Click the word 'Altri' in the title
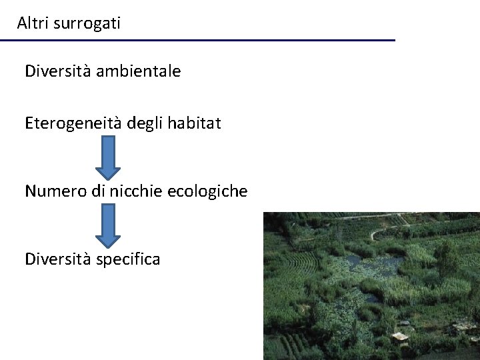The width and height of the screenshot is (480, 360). click(31, 23)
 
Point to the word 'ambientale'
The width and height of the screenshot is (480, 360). click(138, 71)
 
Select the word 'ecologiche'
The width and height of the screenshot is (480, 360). click(207, 192)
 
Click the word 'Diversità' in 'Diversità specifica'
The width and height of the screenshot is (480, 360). click(57, 259)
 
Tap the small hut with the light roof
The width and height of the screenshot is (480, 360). click(399, 337)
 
